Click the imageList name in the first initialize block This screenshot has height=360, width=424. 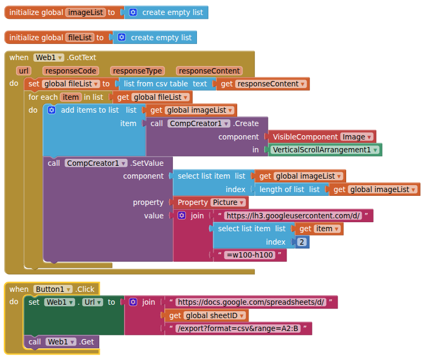pos(85,12)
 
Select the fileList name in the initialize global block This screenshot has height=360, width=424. pos(80,38)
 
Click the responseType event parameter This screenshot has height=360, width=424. pos(137,71)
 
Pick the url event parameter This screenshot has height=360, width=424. pos(23,71)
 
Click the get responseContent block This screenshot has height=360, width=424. pos(262,84)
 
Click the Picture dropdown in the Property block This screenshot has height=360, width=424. pos(228,202)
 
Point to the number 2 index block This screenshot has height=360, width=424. pos(303,242)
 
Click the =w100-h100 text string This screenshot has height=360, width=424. pos(250,255)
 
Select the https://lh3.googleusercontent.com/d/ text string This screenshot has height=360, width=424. pos(293,216)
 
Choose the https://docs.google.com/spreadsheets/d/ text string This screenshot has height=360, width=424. pos(251,302)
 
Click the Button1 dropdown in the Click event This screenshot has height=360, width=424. pos(53,289)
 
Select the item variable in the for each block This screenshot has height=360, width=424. pos(70,97)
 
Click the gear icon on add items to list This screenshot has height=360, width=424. pos(52,110)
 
